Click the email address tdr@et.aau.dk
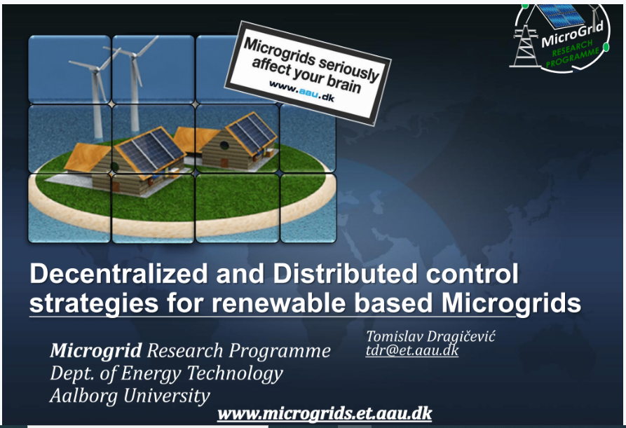[412, 350]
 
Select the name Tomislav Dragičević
[430, 336]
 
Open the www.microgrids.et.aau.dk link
[325, 413]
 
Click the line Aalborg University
[130, 396]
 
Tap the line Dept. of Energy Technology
[166, 373]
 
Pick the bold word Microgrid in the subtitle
[96, 351]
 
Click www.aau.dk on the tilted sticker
[301, 91]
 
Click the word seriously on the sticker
[348, 67]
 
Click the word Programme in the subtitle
[280, 352]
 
